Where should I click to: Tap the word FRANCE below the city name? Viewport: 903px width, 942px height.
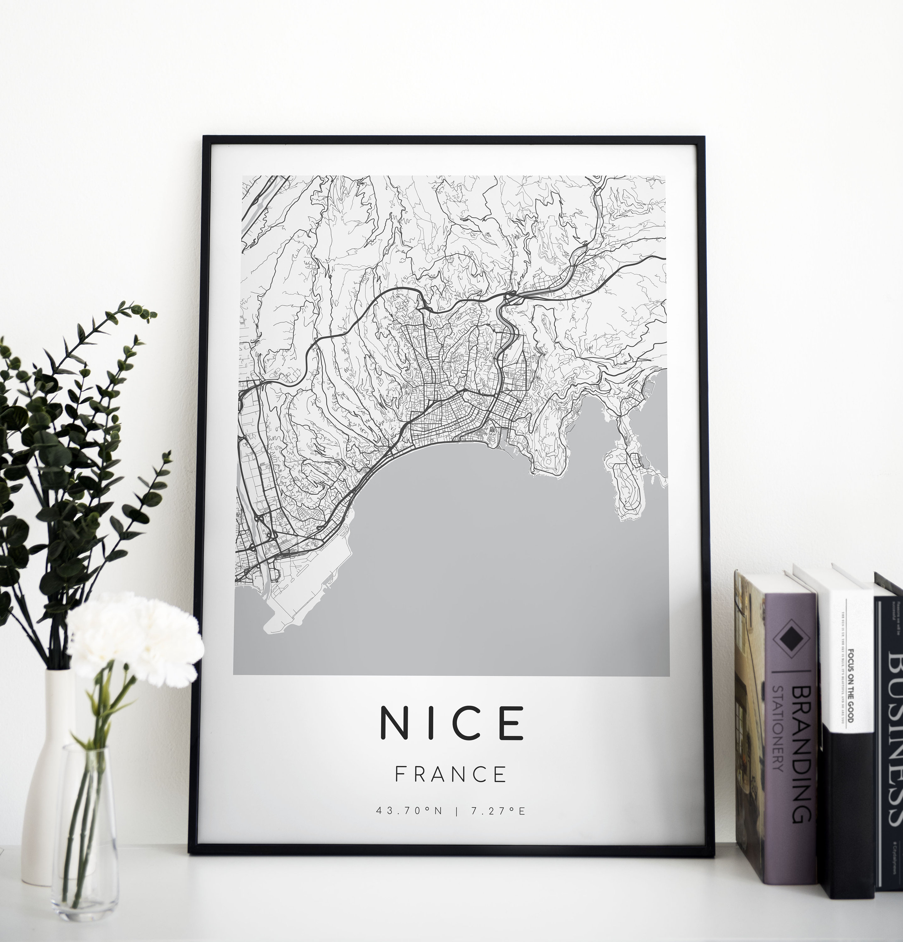click(451, 774)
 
